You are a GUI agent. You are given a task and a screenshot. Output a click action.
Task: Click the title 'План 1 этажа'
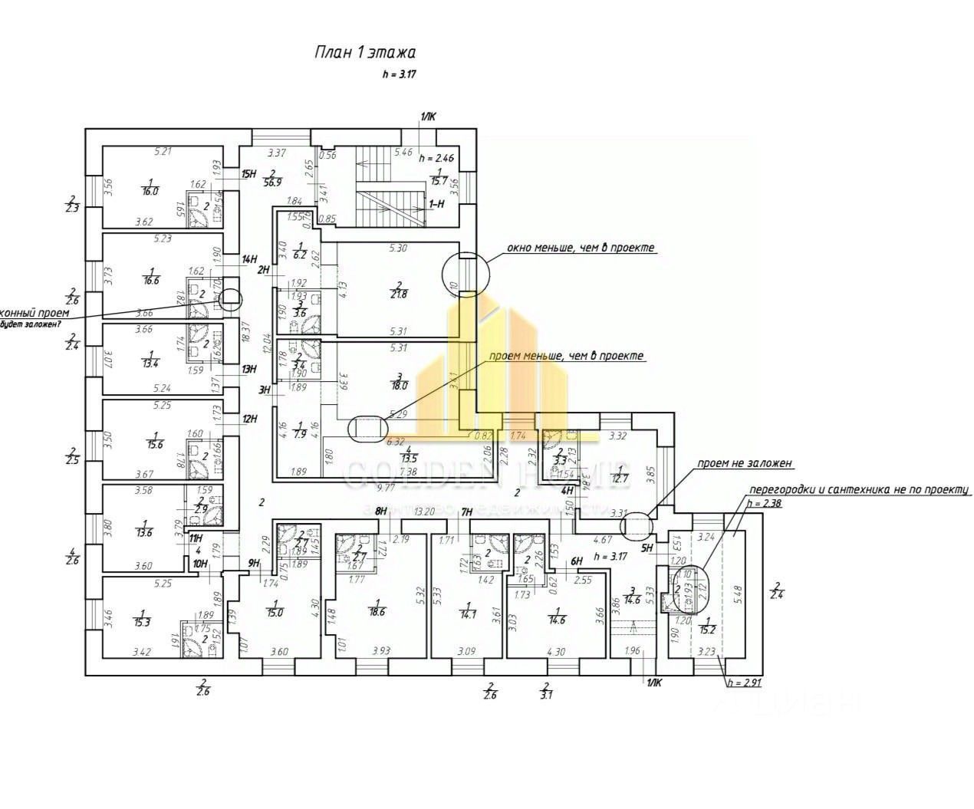click(x=365, y=53)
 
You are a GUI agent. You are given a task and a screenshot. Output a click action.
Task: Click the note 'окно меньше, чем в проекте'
click(x=581, y=248)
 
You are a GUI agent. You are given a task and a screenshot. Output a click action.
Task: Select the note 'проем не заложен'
click(x=744, y=464)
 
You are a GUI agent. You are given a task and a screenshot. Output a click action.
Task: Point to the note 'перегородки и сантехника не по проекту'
click(x=860, y=489)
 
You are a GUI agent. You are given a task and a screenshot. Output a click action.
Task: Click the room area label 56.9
click(x=273, y=182)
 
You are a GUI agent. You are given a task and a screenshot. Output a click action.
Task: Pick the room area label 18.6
click(x=377, y=611)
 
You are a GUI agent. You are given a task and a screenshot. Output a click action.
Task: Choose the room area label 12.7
click(x=620, y=479)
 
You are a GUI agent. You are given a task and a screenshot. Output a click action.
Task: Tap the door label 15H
click(x=248, y=174)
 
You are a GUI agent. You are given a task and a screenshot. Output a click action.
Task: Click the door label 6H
click(x=577, y=561)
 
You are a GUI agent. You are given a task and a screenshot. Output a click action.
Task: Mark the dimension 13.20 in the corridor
click(x=424, y=511)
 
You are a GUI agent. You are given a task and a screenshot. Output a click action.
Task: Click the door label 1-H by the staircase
click(x=437, y=204)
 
